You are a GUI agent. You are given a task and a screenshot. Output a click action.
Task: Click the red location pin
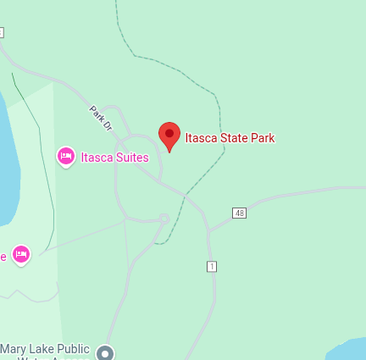point(169,135)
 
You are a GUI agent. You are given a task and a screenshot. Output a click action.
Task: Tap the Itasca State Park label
point(230,138)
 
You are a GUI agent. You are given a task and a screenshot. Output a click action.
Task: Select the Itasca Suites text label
point(114,157)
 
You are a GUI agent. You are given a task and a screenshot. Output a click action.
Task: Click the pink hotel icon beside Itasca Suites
point(65,156)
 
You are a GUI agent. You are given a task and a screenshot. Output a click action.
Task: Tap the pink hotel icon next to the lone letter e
point(21,253)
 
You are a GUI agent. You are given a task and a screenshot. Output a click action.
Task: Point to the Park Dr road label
point(101,119)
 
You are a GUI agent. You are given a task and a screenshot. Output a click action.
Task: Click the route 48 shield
point(240,213)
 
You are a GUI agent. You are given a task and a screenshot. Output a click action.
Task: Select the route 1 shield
point(212,266)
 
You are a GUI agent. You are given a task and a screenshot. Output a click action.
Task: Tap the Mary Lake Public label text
point(45,349)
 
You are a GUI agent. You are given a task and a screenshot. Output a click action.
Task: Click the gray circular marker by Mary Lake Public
point(105,352)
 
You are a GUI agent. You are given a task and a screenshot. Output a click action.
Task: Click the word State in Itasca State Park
point(234,138)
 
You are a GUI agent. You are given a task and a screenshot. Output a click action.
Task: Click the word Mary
point(13,349)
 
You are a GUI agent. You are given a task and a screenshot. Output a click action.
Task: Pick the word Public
point(73,349)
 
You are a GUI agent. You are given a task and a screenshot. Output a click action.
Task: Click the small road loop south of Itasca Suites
point(164,219)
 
